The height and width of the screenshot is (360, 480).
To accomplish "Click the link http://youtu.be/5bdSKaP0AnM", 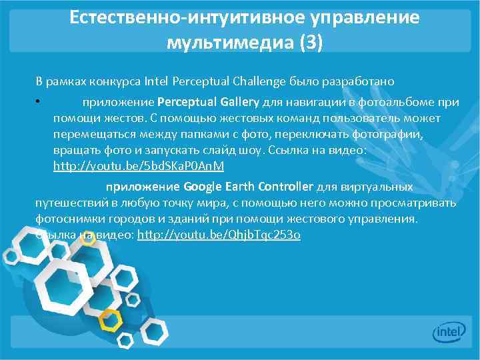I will (139, 165).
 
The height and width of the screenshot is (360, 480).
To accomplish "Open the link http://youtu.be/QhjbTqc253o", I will (219, 235).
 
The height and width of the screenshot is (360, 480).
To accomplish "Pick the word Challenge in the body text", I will (258, 81).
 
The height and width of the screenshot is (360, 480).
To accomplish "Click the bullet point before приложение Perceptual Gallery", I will (39, 103).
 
